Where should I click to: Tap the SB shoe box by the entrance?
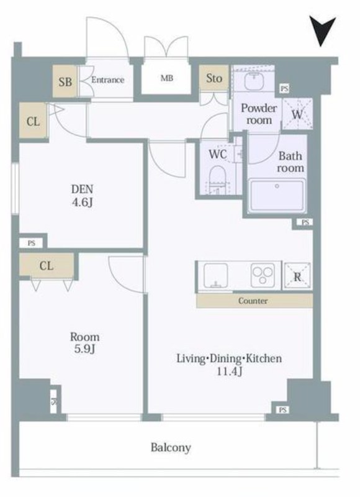65,81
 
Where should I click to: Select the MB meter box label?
167,78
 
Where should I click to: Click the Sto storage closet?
214,78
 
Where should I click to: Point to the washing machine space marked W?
297,114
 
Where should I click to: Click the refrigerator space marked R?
297,276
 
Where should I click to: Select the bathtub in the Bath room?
277,196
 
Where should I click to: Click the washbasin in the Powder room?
254,81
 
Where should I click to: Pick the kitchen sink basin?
215,275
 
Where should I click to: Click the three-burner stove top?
263,275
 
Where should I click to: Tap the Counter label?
253,301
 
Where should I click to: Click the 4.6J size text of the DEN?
82,202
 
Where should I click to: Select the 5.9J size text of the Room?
84,349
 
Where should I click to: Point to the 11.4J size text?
229,371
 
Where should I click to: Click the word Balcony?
171,447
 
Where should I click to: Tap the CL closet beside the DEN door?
34,121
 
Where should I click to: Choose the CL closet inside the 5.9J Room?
47,265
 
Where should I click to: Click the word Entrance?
107,80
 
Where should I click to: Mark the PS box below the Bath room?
305,222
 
